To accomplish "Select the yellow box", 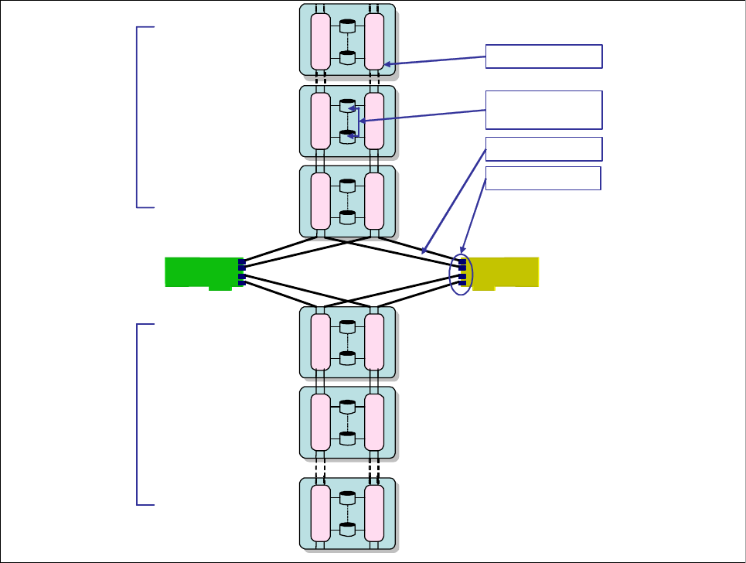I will [x=503, y=272].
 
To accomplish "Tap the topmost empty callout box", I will [x=543, y=56].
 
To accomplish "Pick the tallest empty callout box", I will [x=543, y=110].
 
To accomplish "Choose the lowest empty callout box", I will [x=543, y=178].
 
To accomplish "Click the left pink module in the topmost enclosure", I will [x=320, y=41].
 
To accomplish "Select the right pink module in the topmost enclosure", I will [x=374, y=41].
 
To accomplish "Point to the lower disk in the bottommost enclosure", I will [x=347, y=530].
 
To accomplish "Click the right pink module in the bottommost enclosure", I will [x=374, y=514].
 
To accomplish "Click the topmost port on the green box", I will [x=241, y=262].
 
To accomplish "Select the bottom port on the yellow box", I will [x=462, y=282].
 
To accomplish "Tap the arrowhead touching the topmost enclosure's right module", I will [x=387, y=65].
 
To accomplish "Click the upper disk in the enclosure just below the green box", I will [x=347, y=326].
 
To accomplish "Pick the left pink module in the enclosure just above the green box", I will [x=320, y=201].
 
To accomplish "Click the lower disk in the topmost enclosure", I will [x=347, y=57].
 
